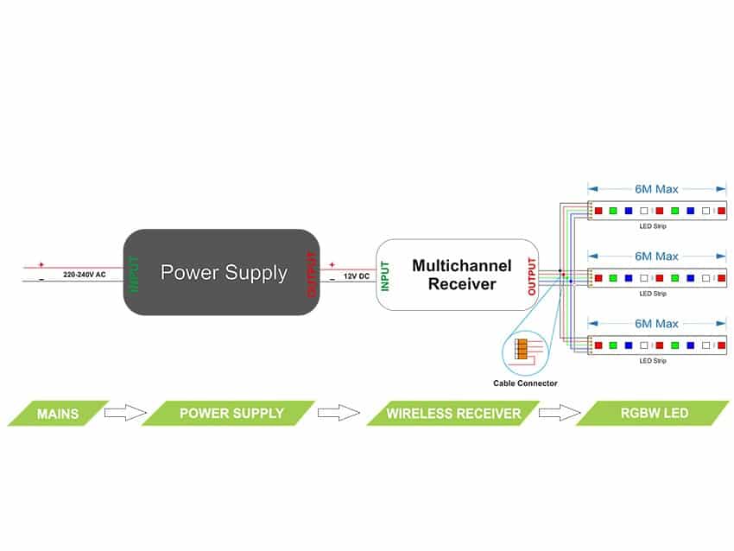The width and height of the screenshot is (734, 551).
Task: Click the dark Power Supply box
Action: click(x=223, y=273)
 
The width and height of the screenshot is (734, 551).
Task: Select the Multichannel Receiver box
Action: click(x=458, y=274)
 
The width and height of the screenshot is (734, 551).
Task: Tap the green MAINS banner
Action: click(x=58, y=413)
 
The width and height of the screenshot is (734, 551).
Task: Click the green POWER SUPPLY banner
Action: click(x=231, y=413)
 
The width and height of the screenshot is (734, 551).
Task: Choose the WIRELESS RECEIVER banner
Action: click(x=454, y=414)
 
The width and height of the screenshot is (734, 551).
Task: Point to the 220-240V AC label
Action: click(x=85, y=274)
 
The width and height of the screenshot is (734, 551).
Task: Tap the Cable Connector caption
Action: click(x=525, y=383)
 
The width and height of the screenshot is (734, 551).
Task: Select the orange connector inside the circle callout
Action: click(x=521, y=349)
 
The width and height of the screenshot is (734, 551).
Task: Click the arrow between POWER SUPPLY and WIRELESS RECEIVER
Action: click(x=339, y=413)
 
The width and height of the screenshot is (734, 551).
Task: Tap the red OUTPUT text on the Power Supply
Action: click(x=312, y=274)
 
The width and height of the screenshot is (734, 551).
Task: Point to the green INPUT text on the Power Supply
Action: click(x=134, y=274)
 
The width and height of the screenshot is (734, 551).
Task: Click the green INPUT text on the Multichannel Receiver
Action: click(x=385, y=275)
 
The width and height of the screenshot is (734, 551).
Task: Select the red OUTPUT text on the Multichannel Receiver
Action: click(x=531, y=275)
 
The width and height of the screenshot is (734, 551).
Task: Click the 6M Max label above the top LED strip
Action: click(x=656, y=188)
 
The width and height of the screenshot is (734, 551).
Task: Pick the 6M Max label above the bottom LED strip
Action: click(x=656, y=323)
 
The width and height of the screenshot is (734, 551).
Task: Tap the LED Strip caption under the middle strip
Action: click(x=652, y=294)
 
